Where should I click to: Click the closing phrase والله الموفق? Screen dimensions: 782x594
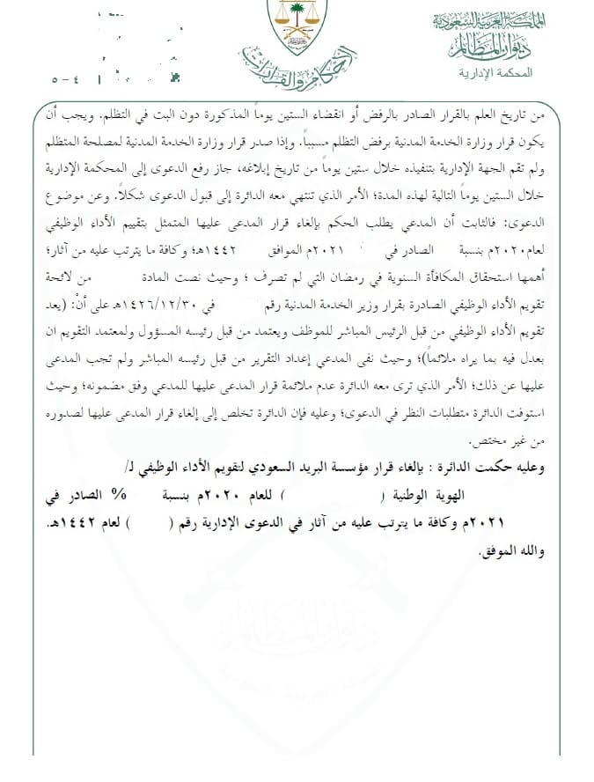(513, 553)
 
